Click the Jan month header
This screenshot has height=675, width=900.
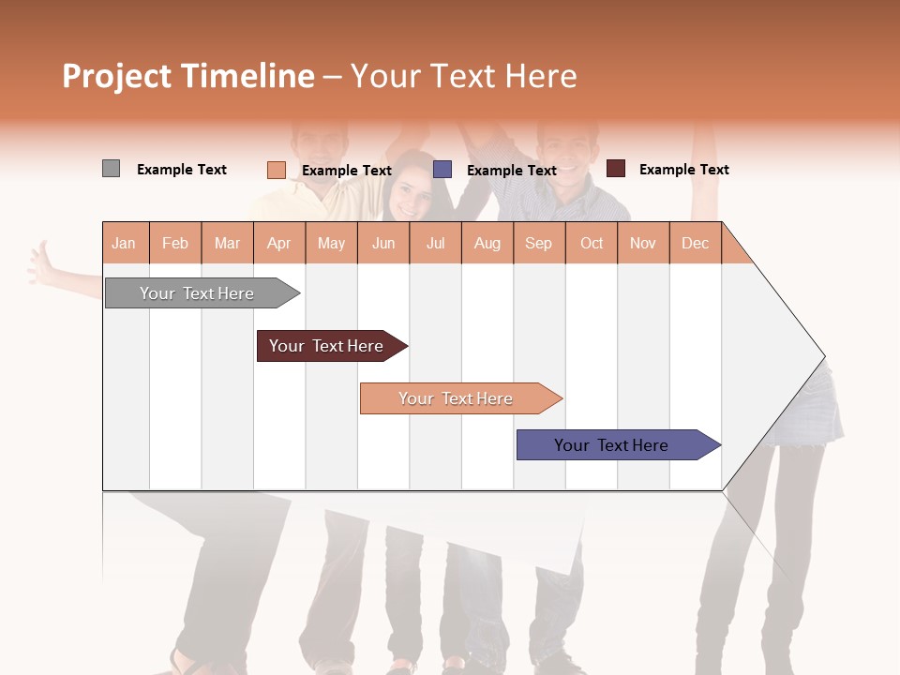(x=124, y=243)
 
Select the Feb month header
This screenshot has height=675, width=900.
(x=175, y=243)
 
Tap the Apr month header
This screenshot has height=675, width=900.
(x=278, y=243)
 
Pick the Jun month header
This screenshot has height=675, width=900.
(x=383, y=243)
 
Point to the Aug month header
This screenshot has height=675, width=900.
(x=487, y=243)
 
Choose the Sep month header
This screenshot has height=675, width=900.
(x=538, y=243)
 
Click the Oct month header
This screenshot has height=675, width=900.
(x=592, y=243)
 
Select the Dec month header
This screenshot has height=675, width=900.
(x=695, y=243)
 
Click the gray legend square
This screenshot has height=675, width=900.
(x=111, y=169)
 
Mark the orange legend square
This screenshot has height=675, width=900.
(x=276, y=170)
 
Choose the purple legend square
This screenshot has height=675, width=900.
(x=442, y=169)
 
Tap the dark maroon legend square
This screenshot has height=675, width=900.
(x=615, y=169)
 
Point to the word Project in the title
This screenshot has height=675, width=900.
(x=117, y=76)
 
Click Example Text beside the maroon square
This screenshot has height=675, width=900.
(x=683, y=170)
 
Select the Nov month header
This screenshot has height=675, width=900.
(x=643, y=243)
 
